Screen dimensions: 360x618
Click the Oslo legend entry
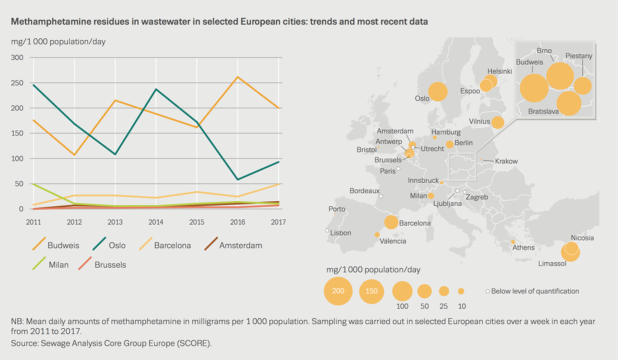117,246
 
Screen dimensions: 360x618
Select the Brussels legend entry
110,265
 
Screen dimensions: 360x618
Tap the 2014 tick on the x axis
156,222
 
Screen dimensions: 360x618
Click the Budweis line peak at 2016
238,77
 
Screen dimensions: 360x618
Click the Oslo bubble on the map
437,92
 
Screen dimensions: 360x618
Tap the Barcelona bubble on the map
391,222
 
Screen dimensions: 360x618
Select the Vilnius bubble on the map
498,123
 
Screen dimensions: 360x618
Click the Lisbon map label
341,233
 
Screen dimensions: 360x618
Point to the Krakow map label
506,161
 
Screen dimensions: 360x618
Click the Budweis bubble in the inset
534,88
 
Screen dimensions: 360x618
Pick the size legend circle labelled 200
338,291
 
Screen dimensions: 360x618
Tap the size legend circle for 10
461,291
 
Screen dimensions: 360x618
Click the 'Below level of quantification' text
535,291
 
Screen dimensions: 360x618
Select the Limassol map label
552,264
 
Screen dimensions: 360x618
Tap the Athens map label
523,247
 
